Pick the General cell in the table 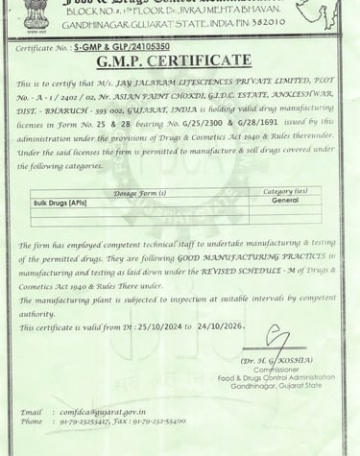point(284,201)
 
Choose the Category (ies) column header point(284,192)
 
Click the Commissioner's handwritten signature point(279,341)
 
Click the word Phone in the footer point(32,421)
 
